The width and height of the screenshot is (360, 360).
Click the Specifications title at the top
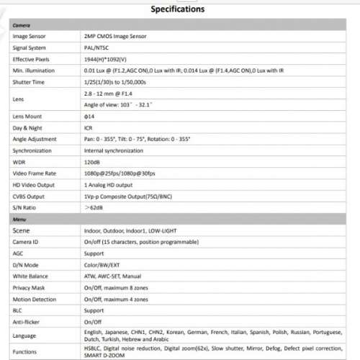(x=178, y=9)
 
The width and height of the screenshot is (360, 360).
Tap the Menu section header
(x=21, y=218)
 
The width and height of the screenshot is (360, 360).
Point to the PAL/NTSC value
(x=98, y=47)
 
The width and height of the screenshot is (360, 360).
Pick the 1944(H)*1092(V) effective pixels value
(x=108, y=58)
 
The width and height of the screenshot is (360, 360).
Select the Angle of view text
(x=122, y=104)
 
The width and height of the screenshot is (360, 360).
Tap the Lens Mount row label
(x=27, y=116)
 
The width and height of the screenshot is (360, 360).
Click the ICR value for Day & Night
(x=89, y=127)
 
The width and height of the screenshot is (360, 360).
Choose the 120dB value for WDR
(x=93, y=162)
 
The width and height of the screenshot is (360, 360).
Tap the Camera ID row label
(x=25, y=242)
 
